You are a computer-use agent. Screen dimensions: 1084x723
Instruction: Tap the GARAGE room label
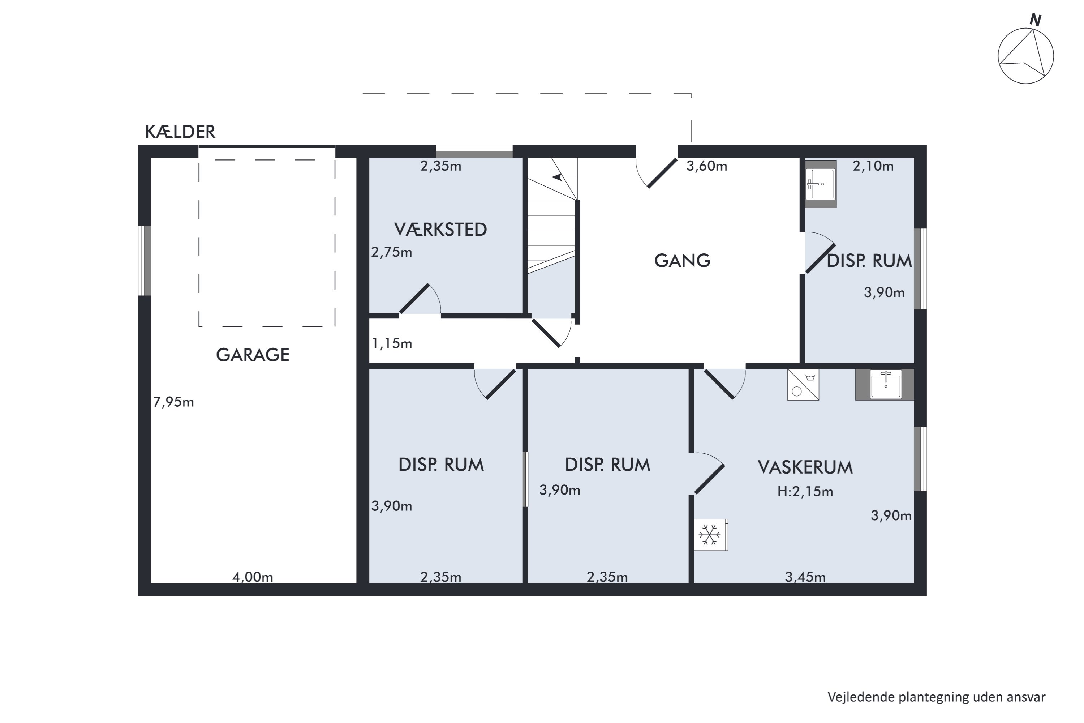click(253, 355)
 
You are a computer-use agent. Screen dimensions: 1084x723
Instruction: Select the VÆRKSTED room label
click(440, 230)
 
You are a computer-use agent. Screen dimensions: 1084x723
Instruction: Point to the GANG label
click(682, 261)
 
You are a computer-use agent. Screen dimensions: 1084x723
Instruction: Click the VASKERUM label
click(805, 467)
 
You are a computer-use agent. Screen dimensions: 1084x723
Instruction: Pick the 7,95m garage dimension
click(173, 402)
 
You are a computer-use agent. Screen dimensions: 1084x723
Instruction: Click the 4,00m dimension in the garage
click(253, 577)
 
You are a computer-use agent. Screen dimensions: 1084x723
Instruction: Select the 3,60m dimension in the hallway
click(706, 166)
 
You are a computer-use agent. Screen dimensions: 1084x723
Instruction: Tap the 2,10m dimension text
click(873, 166)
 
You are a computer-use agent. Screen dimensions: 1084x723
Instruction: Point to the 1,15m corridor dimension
click(392, 343)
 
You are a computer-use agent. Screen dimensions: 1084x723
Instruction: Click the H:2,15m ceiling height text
click(805, 492)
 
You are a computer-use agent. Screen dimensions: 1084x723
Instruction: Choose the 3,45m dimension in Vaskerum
click(805, 577)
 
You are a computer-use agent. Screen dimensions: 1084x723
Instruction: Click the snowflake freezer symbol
click(710, 535)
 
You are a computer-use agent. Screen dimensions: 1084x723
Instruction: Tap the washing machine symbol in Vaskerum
click(803, 385)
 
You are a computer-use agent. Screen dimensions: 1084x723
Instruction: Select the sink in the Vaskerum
click(885, 385)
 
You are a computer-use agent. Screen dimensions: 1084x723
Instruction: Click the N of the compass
click(1036, 20)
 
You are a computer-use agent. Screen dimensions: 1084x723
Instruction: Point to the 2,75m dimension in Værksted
click(392, 252)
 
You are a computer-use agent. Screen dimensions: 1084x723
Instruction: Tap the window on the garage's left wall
click(145, 261)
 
